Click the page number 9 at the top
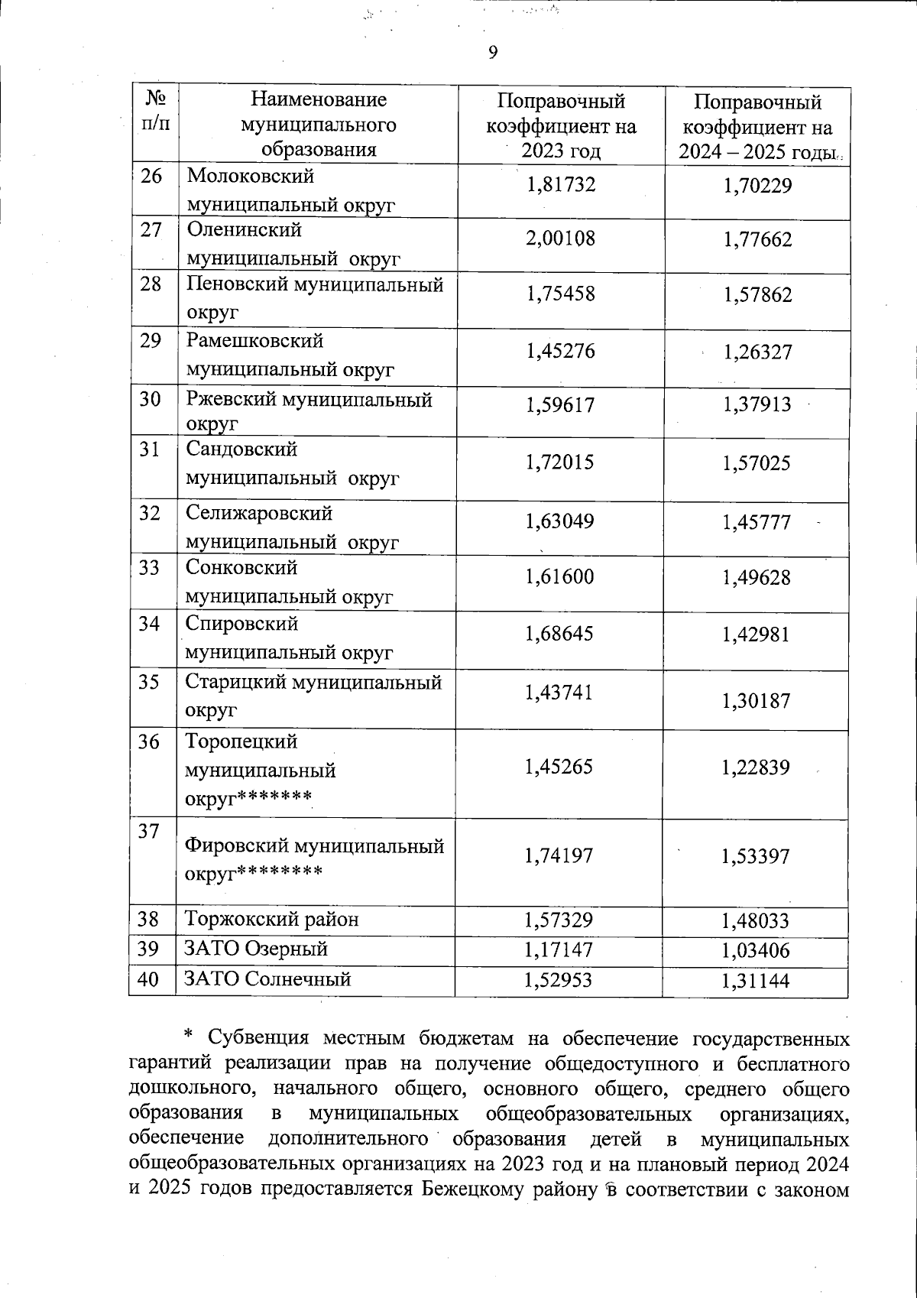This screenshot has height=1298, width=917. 492,52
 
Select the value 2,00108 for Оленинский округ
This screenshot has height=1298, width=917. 560,239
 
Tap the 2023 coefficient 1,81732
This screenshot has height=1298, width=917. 560,185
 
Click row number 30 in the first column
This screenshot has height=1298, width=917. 151,399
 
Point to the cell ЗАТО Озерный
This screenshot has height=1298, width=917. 257,949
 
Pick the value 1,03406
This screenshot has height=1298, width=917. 756,951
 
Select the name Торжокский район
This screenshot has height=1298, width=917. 272,919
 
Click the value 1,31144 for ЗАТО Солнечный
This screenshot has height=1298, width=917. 756,982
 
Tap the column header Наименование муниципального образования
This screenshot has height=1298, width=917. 319,124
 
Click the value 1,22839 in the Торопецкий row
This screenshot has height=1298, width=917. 756,767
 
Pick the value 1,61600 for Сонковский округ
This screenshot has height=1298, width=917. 559,577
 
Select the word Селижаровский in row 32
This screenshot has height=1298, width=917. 259,513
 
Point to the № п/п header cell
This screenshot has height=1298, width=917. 156,111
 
